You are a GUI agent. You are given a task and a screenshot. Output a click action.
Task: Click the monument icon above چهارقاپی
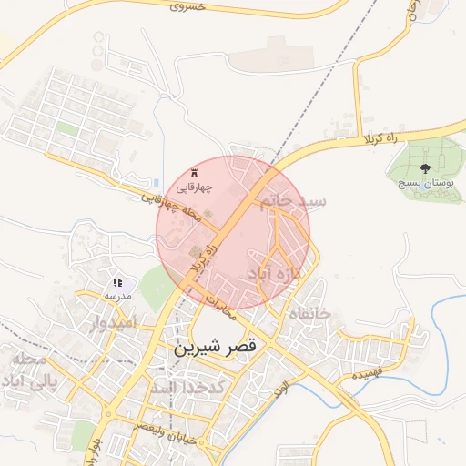193,173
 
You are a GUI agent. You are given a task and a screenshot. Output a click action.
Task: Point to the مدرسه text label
119,296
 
